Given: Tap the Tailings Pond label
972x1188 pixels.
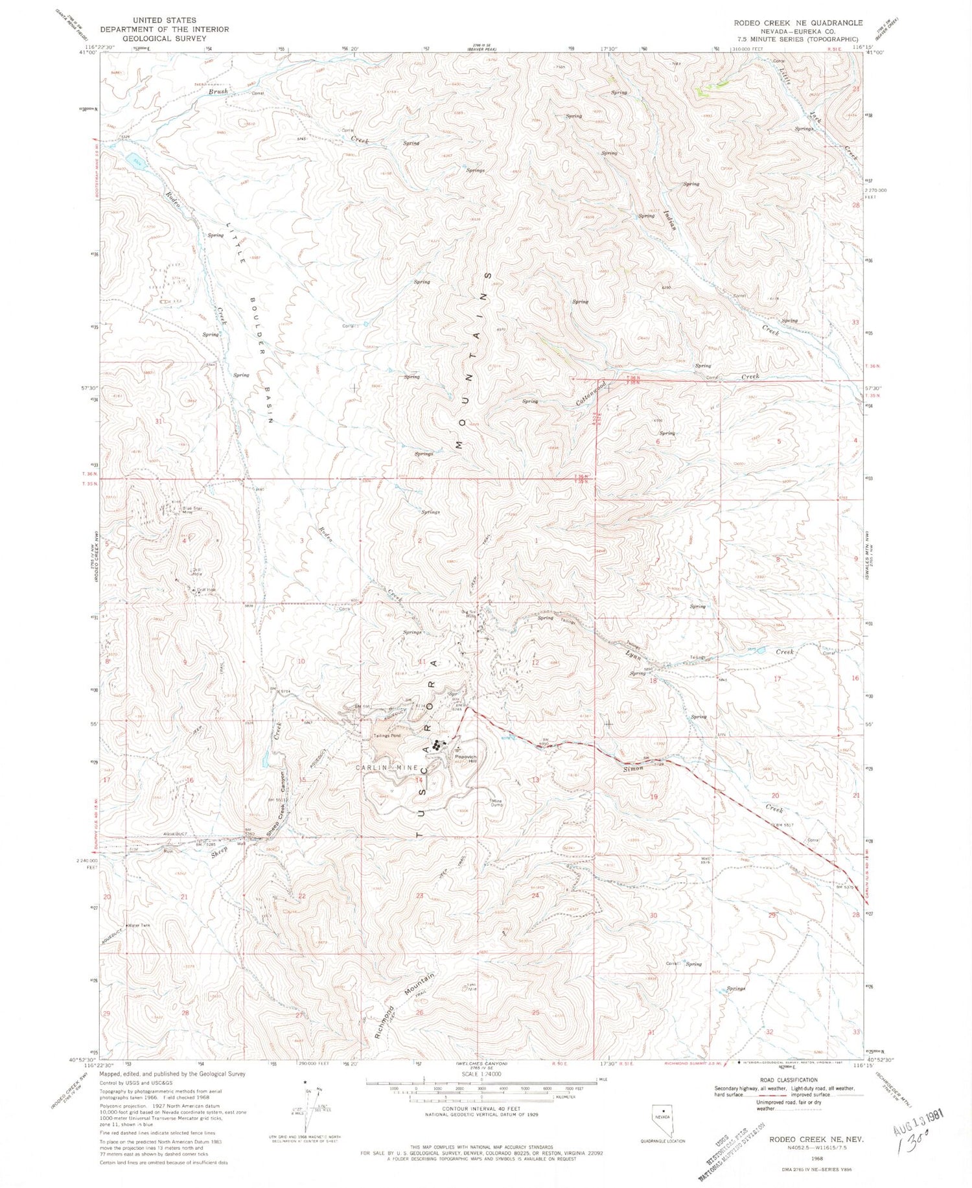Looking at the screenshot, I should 388,736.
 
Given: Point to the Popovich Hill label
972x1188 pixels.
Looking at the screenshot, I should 465,758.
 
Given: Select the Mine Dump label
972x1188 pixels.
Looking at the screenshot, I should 496,802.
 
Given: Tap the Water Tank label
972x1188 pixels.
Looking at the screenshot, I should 139,925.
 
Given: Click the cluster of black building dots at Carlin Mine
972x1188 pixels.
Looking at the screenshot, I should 440,745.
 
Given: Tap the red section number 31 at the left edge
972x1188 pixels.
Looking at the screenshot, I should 158,421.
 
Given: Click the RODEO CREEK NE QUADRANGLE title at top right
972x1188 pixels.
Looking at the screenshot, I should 798,23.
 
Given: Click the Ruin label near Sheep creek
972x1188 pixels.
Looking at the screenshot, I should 168,852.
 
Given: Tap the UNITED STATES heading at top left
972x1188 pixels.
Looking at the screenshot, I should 164,20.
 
